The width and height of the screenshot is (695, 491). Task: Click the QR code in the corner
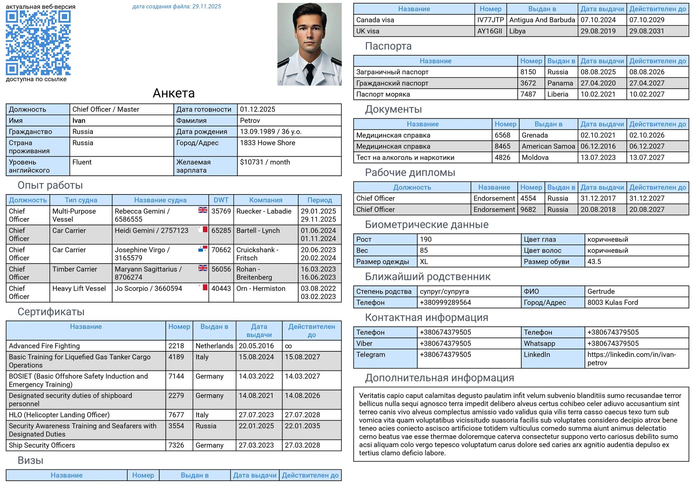[x=38, y=43]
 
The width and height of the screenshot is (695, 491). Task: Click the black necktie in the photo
[x=309, y=73]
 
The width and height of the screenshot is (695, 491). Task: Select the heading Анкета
[x=173, y=93]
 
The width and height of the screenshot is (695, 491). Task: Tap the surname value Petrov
[x=250, y=120]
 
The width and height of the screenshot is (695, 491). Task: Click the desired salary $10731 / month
[x=265, y=162]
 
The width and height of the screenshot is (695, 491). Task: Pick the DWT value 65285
[x=221, y=231]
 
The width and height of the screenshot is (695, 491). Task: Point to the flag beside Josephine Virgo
[x=203, y=249]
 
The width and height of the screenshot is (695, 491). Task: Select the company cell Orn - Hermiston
[x=261, y=289]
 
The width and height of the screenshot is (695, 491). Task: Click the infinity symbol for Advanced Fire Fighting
[x=288, y=346]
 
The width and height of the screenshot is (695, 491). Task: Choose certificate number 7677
[x=176, y=415]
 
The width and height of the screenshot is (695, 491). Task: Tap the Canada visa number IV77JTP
[x=490, y=20]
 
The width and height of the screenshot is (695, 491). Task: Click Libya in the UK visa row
[x=517, y=31]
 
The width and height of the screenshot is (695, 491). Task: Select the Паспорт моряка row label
[x=383, y=94]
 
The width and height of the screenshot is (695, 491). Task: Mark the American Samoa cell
[x=548, y=147]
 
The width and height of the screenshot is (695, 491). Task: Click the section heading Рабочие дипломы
[x=410, y=173]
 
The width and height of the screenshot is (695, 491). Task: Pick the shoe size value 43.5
[x=594, y=262]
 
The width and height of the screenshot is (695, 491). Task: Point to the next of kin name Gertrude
[x=601, y=292]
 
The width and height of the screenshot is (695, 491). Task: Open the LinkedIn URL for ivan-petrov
[x=631, y=359]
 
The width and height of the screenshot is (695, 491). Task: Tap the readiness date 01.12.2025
[x=257, y=109]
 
